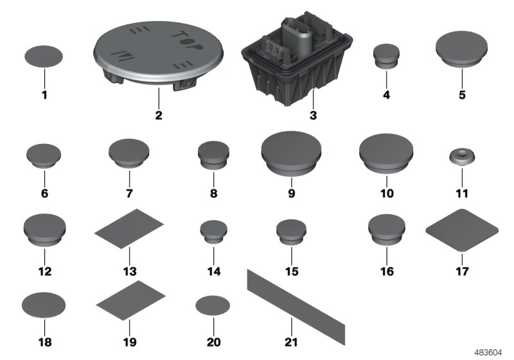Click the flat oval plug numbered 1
click(44, 57)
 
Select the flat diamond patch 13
click(128, 226)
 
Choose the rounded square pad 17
click(463, 228)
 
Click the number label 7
click(128, 193)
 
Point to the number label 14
click(214, 272)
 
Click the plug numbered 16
click(385, 230)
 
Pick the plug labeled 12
click(44, 230)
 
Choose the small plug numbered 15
click(292, 233)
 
